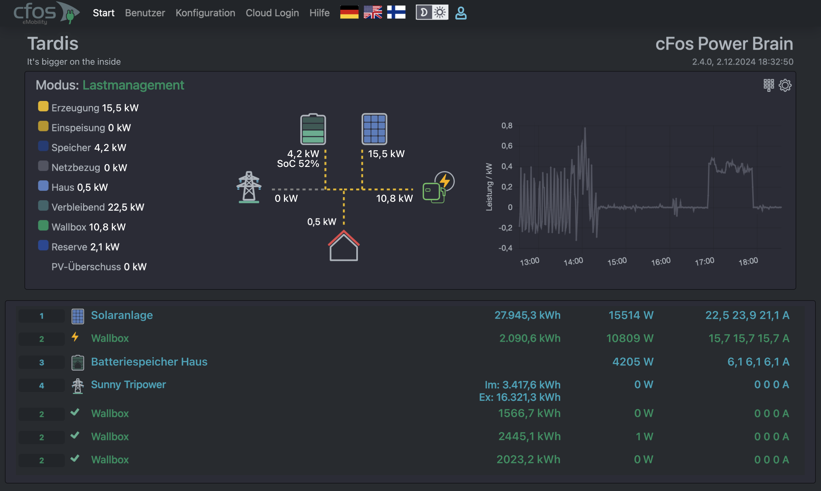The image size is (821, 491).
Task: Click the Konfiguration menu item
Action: click(205, 13)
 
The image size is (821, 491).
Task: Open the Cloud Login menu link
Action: click(272, 13)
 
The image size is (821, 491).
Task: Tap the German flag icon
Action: click(349, 12)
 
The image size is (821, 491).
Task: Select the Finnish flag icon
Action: click(396, 12)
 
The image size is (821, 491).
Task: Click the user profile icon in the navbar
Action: click(461, 13)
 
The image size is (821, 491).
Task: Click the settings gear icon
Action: click(785, 85)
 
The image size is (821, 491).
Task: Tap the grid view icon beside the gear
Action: click(768, 85)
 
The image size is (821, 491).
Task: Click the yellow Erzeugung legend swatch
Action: click(43, 106)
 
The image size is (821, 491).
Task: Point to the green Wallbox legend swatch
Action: click(43, 226)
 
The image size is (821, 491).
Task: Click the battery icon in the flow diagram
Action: click(313, 129)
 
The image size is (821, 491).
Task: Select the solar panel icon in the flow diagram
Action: click(374, 129)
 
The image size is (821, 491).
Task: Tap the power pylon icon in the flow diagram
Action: click(249, 187)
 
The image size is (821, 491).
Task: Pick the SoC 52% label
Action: click(298, 164)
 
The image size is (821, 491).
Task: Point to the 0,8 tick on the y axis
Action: click(507, 126)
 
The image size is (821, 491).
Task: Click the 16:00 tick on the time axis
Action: click(661, 262)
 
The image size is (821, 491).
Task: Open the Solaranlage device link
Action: click(122, 315)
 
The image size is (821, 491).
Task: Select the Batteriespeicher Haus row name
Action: click(149, 362)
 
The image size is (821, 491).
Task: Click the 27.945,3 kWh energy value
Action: click(527, 315)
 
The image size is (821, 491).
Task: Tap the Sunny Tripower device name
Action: click(128, 385)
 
